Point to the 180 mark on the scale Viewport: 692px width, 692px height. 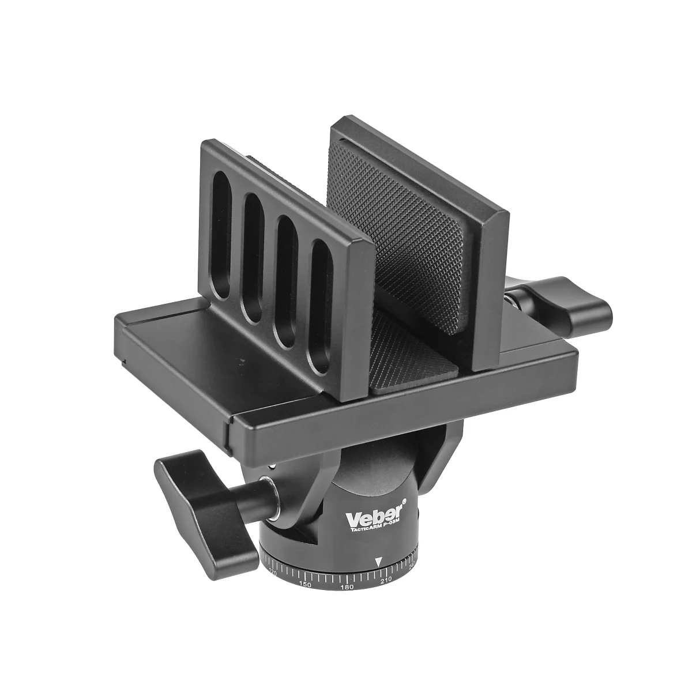[x=347, y=588]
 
